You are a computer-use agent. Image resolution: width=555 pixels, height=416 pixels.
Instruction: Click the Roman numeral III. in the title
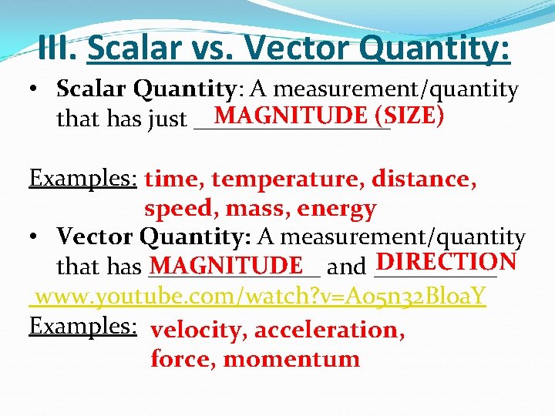58,49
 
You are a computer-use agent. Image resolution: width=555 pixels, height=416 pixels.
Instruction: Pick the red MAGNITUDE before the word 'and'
226,267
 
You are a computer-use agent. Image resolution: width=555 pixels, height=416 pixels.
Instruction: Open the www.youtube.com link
257,297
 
